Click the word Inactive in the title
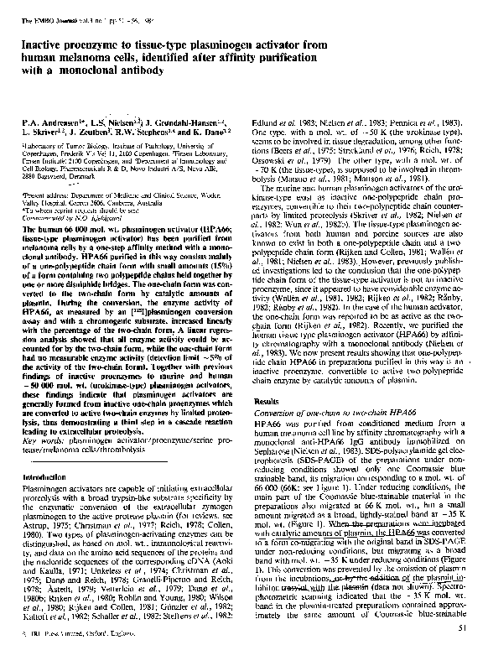pyautogui.click(x=44, y=41)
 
